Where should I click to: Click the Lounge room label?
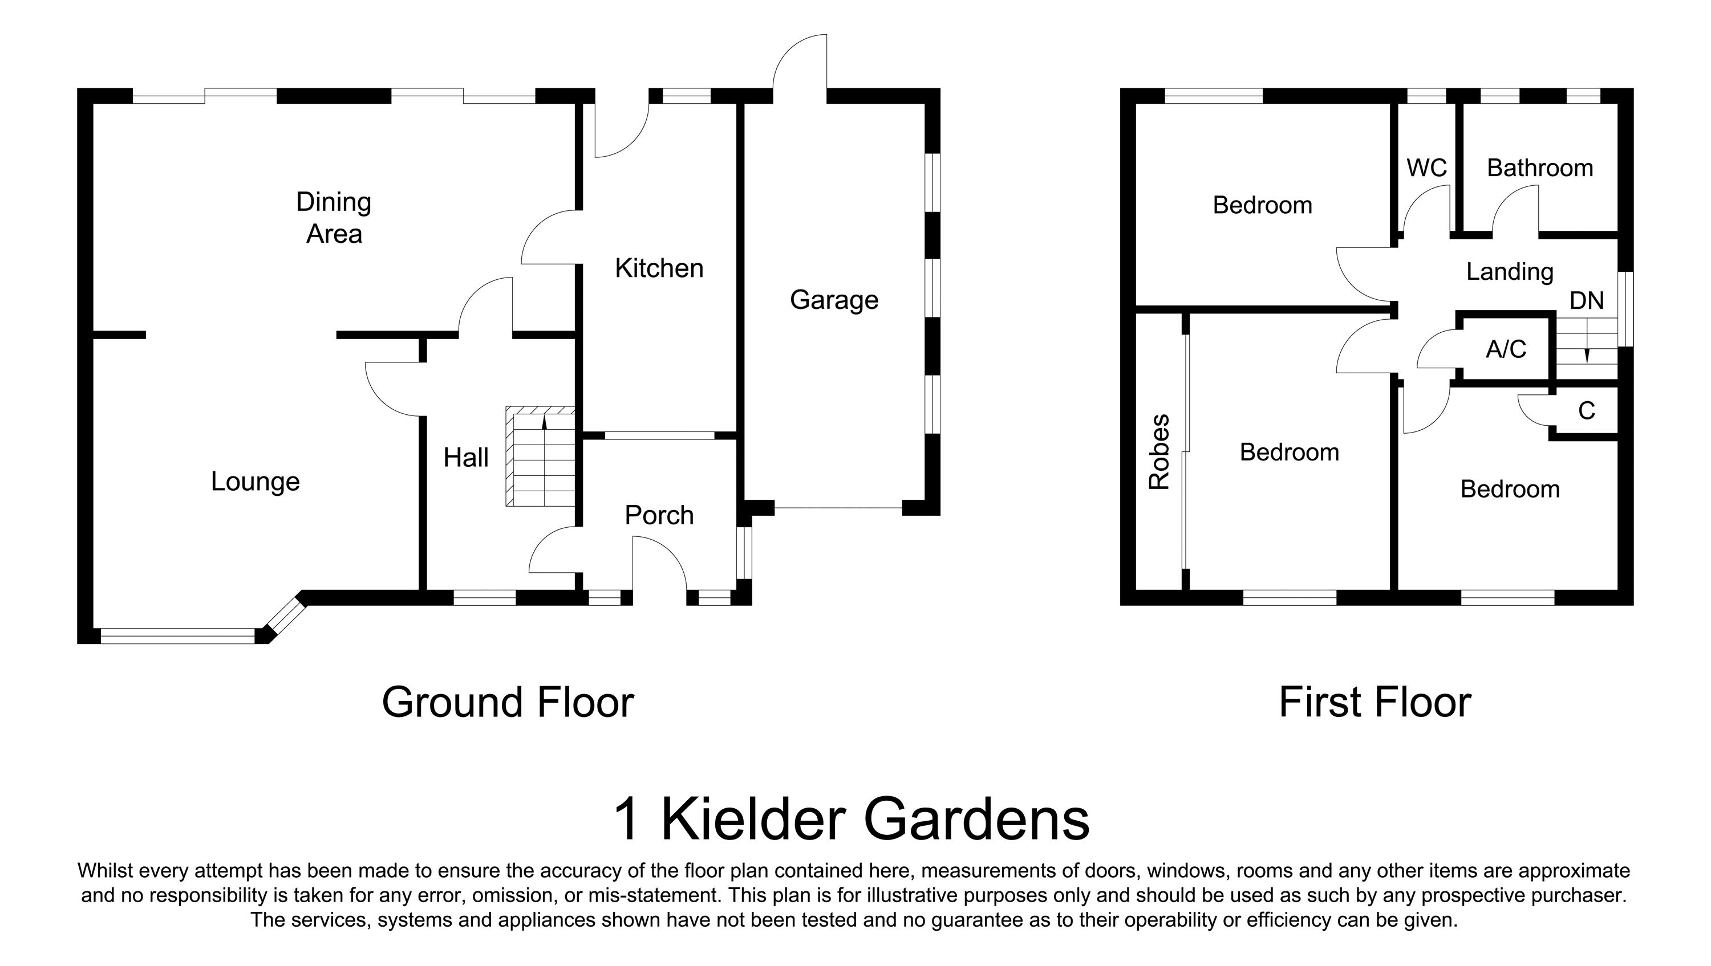[x=255, y=482]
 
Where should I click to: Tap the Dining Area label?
[x=334, y=218]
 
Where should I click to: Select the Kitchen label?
[x=659, y=268]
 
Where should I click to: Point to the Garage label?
[x=834, y=300]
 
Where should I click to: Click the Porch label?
[x=659, y=515]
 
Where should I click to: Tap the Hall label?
[x=465, y=458]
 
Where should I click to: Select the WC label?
[x=1426, y=168]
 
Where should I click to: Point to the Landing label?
[x=1509, y=271]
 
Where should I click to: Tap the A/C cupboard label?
[x=1506, y=349]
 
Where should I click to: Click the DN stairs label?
[x=1586, y=301]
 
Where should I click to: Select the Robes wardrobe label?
[x=1159, y=452]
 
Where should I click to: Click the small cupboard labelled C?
[x=1586, y=411]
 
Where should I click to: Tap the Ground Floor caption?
[x=508, y=703]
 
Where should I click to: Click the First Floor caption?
[x=1375, y=703]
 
